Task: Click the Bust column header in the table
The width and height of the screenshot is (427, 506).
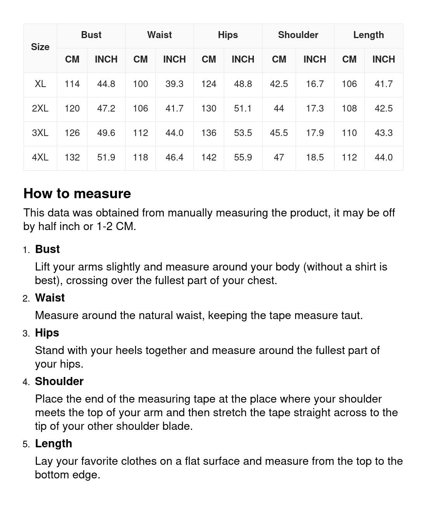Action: pyautogui.click(x=91, y=35)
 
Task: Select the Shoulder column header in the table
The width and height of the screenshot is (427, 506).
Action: pyautogui.click(x=298, y=35)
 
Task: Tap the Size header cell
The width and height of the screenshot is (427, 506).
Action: pyautogui.click(x=40, y=47)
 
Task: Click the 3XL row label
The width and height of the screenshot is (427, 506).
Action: pyautogui.click(x=40, y=133)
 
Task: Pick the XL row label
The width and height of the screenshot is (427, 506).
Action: pyautogui.click(x=40, y=84)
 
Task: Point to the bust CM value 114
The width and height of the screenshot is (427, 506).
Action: pyautogui.click(x=72, y=84)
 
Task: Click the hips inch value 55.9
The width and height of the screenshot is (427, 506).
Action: pyautogui.click(x=243, y=157)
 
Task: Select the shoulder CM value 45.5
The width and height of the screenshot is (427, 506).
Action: pyautogui.click(x=279, y=133)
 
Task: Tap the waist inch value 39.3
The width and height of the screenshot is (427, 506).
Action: pyautogui.click(x=174, y=84)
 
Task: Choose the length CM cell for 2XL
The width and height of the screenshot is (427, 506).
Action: pyautogui.click(x=349, y=108)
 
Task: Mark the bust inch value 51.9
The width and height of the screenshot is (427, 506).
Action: pyautogui.click(x=106, y=157)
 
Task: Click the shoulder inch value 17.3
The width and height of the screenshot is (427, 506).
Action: pyautogui.click(x=314, y=108)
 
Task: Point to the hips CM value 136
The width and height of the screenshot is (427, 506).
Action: pyautogui.click(x=209, y=133)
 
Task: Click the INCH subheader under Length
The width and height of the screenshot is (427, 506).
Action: pyautogui.click(x=384, y=59)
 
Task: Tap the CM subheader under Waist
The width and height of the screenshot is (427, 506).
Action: pyautogui.click(x=141, y=59)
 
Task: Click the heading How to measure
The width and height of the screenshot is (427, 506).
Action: pyautogui.click(x=77, y=194)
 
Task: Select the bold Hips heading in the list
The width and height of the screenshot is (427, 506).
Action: pyautogui.click(x=47, y=333)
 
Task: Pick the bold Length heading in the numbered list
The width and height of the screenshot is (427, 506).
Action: pyautogui.click(x=54, y=443)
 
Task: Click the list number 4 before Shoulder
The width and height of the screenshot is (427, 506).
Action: pyautogui.click(x=26, y=382)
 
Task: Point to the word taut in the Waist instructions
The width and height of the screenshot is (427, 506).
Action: pyautogui.click(x=351, y=315)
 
